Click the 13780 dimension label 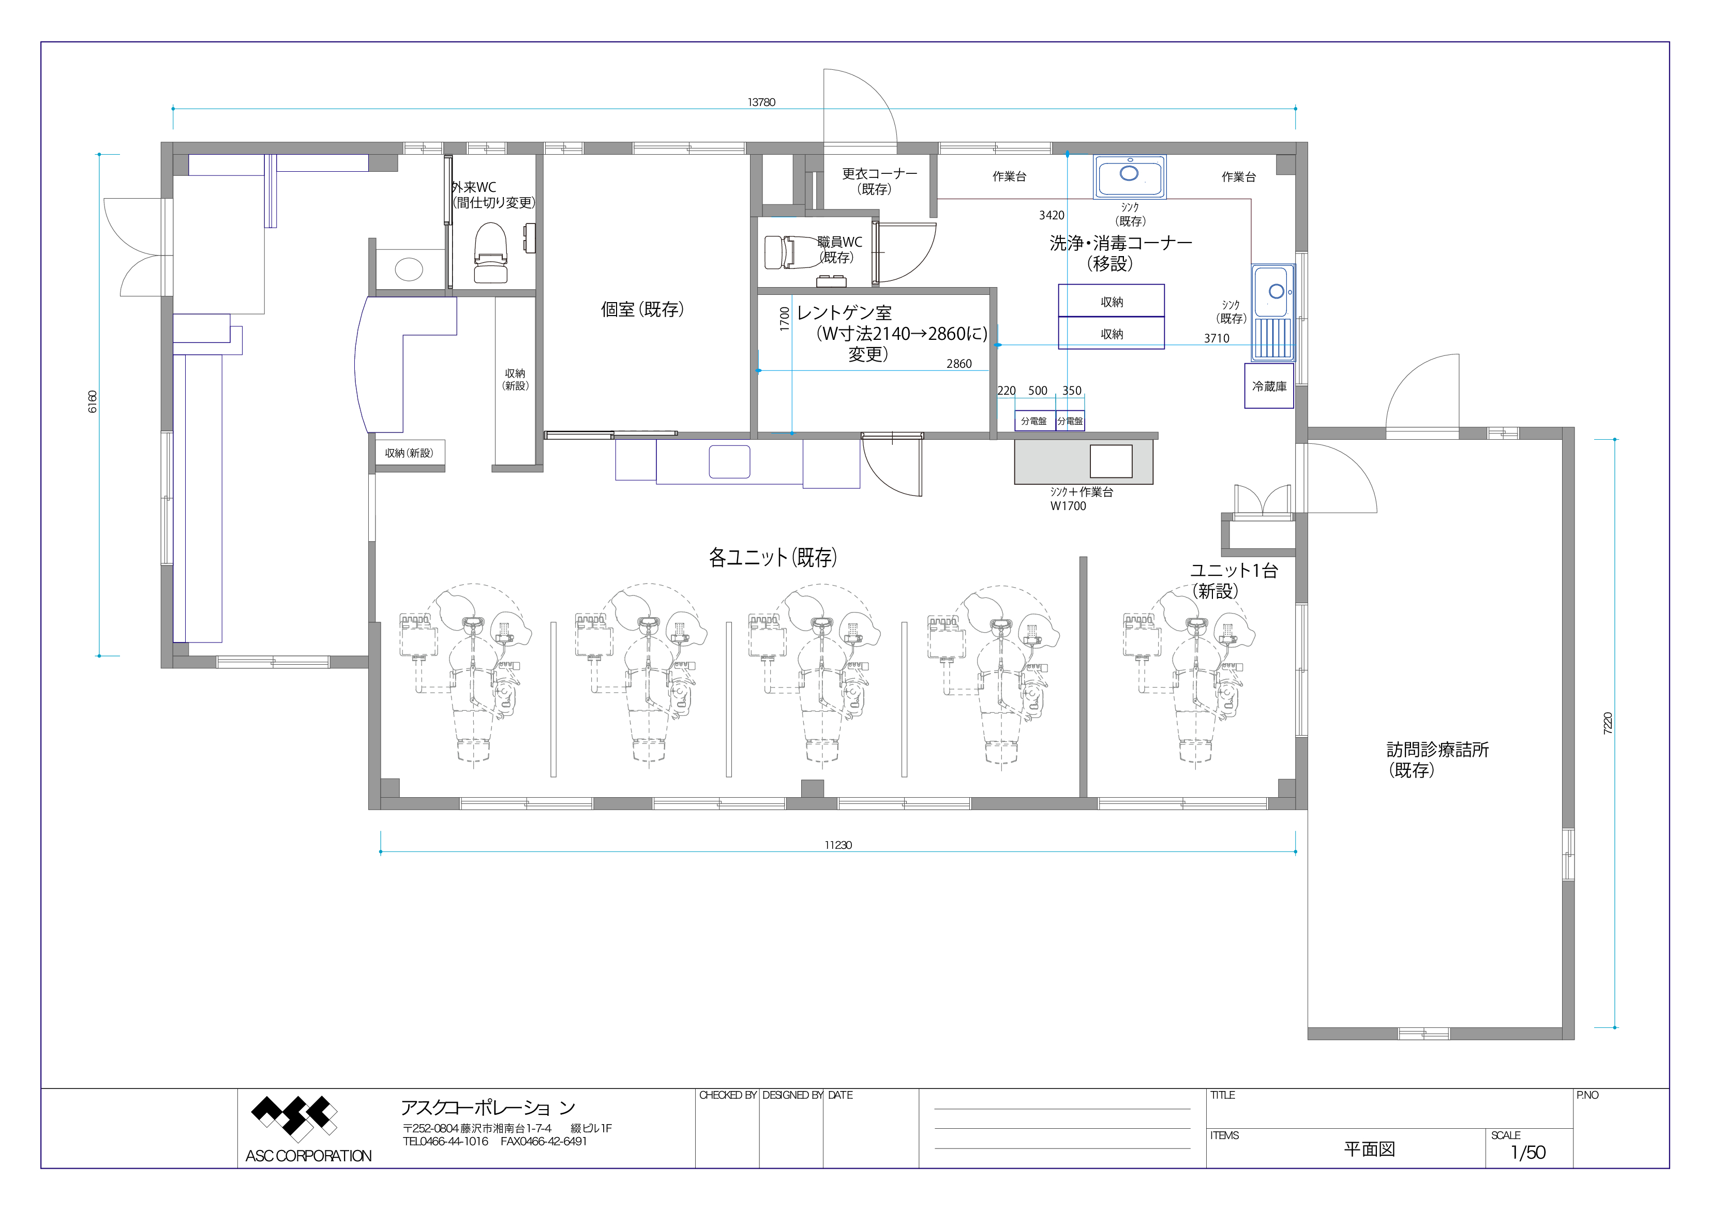(x=761, y=102)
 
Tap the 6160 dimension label (x=93, y=401)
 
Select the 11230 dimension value (x=838, y=845)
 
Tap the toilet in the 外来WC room (x=491, y=252)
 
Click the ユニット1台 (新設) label (x=1233, y=580)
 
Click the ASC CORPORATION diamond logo (x=294, y=1118)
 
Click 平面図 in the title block (x=1369, y=1149)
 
